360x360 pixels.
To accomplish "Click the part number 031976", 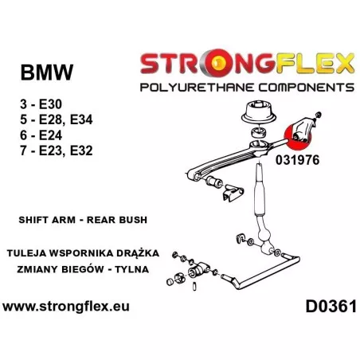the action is pyautogui.click(x=297, y=160).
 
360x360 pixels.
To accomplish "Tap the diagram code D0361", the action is pyautogui.click(x=331, y=307).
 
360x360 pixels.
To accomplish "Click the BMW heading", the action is pyautogui.click(x=47, y=72).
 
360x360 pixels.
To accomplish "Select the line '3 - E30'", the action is pyautogui.click(x=41, y=104).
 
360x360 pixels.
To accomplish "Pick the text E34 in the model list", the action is pyautogui.click(x=81, y=119).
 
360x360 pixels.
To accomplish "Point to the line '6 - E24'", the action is pyautogui.click(x=41, y=135).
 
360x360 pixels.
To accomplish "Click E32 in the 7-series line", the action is pyautogui.click(x=81, y=151).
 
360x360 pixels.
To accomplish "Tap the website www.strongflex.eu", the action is pyautogui.click(x=66, y=307).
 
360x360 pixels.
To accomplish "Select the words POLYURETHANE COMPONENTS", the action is pyautogui.click(x=247, y=88).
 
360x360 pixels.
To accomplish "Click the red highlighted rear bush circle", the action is pyautogui.click(x=297, y=137).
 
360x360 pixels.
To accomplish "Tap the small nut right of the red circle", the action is pyautogui.click(x=318, y=115).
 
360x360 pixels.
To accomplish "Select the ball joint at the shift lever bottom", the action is pyautogui.click(x=264, y=237).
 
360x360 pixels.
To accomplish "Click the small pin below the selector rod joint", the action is pyautogui.click(x=194, y=287).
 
